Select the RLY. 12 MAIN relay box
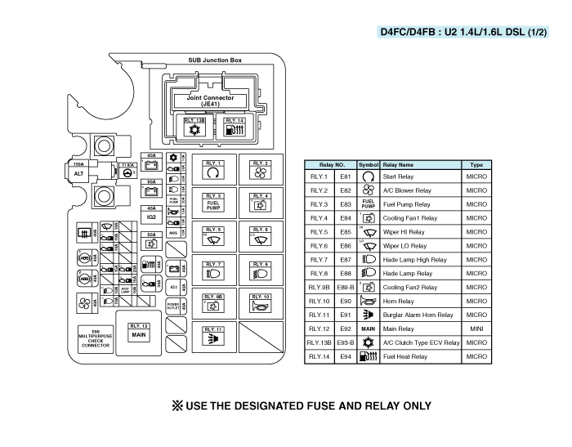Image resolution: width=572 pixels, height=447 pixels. pyautogui.click(x=139, y=335)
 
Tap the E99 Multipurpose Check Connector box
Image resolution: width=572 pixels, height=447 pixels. pyautogui.click(x=95, y=339)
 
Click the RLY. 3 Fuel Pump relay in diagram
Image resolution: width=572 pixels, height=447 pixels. pyautogui.click(x=213, y=202)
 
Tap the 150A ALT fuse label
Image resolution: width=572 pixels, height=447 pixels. pyautogui.click(x=78, y=169)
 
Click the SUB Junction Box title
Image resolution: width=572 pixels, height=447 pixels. pyautogui.click(x=215, y=60)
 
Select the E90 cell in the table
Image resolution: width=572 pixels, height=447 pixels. pyautogui.click(x=345, y=302)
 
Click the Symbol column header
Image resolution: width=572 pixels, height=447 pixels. pyautogui.click(x=368, y=164)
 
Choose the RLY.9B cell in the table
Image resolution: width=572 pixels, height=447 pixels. pyautogui.click(x=319, y=288)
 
